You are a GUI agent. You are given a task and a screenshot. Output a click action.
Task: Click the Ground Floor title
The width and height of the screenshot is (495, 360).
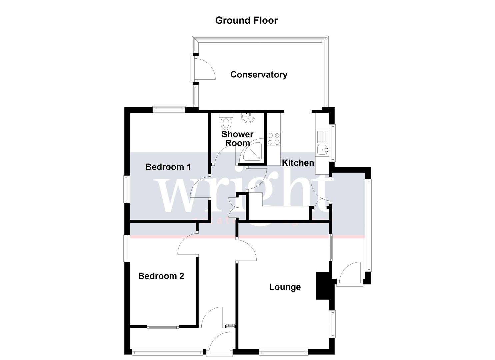tap(246, 20)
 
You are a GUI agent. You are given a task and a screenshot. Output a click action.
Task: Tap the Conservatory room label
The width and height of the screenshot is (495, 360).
tap(259, 74)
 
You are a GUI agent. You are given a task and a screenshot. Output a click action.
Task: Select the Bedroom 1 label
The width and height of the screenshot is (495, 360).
tap(168, 167)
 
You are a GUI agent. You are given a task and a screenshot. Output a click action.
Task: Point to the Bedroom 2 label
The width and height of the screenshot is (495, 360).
tap(161, 276)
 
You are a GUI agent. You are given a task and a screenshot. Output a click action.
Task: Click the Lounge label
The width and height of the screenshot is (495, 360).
tap(285, 287)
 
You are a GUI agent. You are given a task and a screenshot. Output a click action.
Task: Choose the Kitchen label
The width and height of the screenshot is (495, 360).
tap(298, 163)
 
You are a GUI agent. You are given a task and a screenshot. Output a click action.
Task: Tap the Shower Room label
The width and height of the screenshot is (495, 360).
tap(237, 139)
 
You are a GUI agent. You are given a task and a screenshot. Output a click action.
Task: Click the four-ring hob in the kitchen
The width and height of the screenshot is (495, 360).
tap(274, 139)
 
